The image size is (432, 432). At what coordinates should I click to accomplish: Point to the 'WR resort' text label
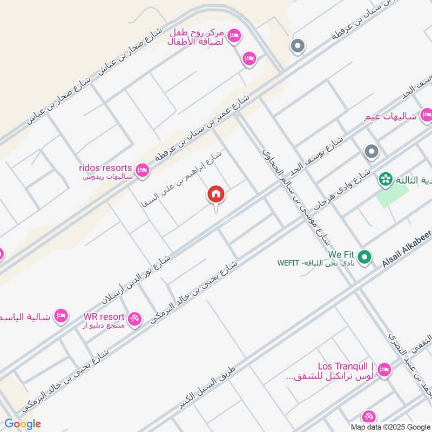[x=104, y=316]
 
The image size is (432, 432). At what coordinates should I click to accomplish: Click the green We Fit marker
[x=365, y=258]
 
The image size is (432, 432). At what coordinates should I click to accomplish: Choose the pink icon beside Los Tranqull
[x=384, y=370]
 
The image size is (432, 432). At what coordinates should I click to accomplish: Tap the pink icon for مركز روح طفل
[x=234, y=36]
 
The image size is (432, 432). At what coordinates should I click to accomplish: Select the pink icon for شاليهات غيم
[x=426, y=114]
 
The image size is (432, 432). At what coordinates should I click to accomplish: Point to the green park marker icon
[x=386, y=179]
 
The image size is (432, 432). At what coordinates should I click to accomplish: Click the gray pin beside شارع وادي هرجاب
[x=370, y=152]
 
